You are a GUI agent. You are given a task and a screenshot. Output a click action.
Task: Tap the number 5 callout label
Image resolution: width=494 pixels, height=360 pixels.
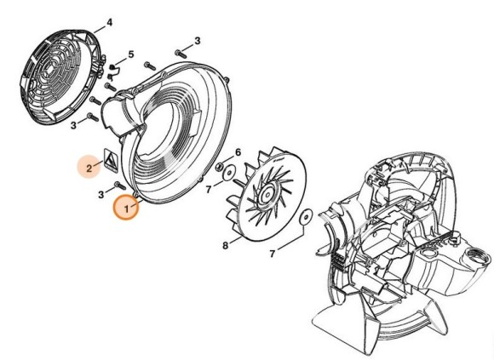131,54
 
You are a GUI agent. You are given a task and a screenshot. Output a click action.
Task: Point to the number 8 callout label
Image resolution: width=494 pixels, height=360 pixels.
225,244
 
